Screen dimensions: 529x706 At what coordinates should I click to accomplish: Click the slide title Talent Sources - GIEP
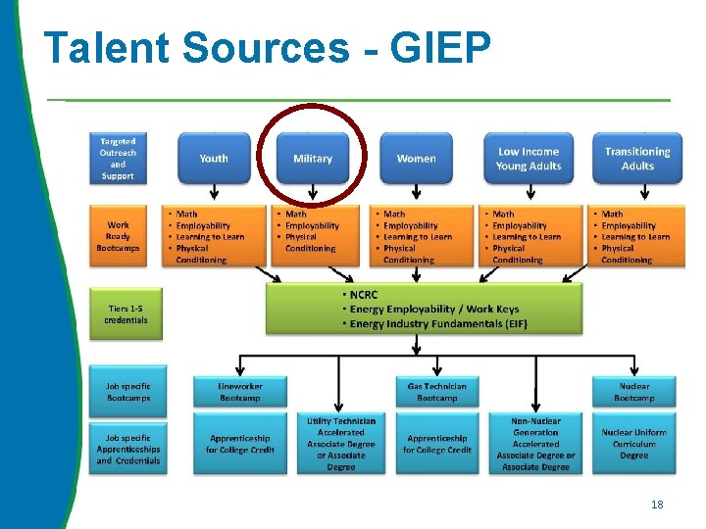pyautogui.click(x=267, y=49)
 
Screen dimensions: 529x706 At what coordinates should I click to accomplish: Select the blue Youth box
pyautogui.click(x=214, y=159)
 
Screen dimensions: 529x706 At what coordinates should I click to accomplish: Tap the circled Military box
pyautogui.click(x=313, y=159)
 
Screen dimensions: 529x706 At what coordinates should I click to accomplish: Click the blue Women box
pyautogui.click(x=417, y=159)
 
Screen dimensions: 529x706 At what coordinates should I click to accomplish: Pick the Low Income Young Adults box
pyautogui.click(x=529, y=159)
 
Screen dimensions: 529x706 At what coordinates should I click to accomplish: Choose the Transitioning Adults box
pyautogui.click(x=637, y=159)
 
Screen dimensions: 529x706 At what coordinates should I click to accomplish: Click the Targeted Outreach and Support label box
pyautogui.click(x=118, y=159)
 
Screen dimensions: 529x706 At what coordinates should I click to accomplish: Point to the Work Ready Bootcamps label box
pyautogui.click(x=118, y=236)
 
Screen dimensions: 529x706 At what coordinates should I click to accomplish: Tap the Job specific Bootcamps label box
pyautogui.click(x=128, y=392)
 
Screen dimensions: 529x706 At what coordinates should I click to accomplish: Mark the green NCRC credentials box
pyautogui.click(x=424, y=309)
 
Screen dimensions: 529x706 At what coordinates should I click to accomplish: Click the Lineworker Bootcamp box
pyautogui.click(x=240, y=392)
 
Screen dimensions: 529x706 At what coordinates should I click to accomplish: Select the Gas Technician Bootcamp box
pyautogui.click(x=437, y=392)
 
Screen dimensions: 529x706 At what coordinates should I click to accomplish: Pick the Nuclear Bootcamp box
pyautogui.click(x=634, y=392)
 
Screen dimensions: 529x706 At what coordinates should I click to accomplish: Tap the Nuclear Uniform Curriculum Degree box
pyautogui.click(x=634, y=444)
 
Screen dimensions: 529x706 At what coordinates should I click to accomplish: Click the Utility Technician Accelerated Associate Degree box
pyautogui.click(x=341, y=444)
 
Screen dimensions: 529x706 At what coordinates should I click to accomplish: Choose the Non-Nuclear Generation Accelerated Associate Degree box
pyautogui.click(x=535, y=444)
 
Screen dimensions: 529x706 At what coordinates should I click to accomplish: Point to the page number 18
pyautogui.click(x=657, y=505)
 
